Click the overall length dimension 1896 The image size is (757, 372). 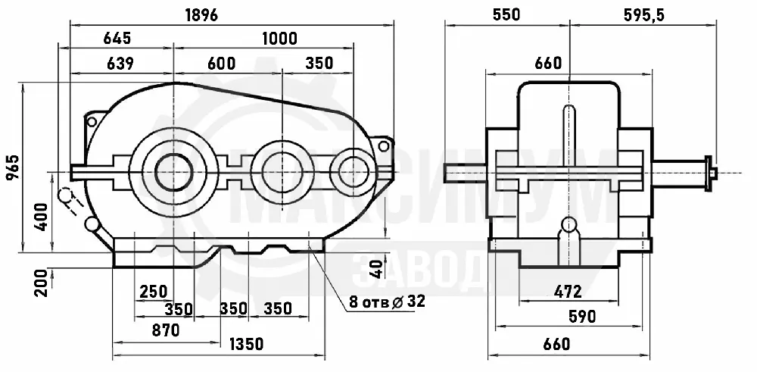[201, 15]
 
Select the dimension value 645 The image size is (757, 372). [117, 38]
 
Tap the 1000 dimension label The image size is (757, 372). [279, 38]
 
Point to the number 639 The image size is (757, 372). [120, 64]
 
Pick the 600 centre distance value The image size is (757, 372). [222, 64]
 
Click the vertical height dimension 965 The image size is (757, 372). [13, 167]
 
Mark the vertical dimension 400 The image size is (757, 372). [42, 217]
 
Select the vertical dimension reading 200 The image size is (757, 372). [42, 283]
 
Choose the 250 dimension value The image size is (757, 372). [154, 292]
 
